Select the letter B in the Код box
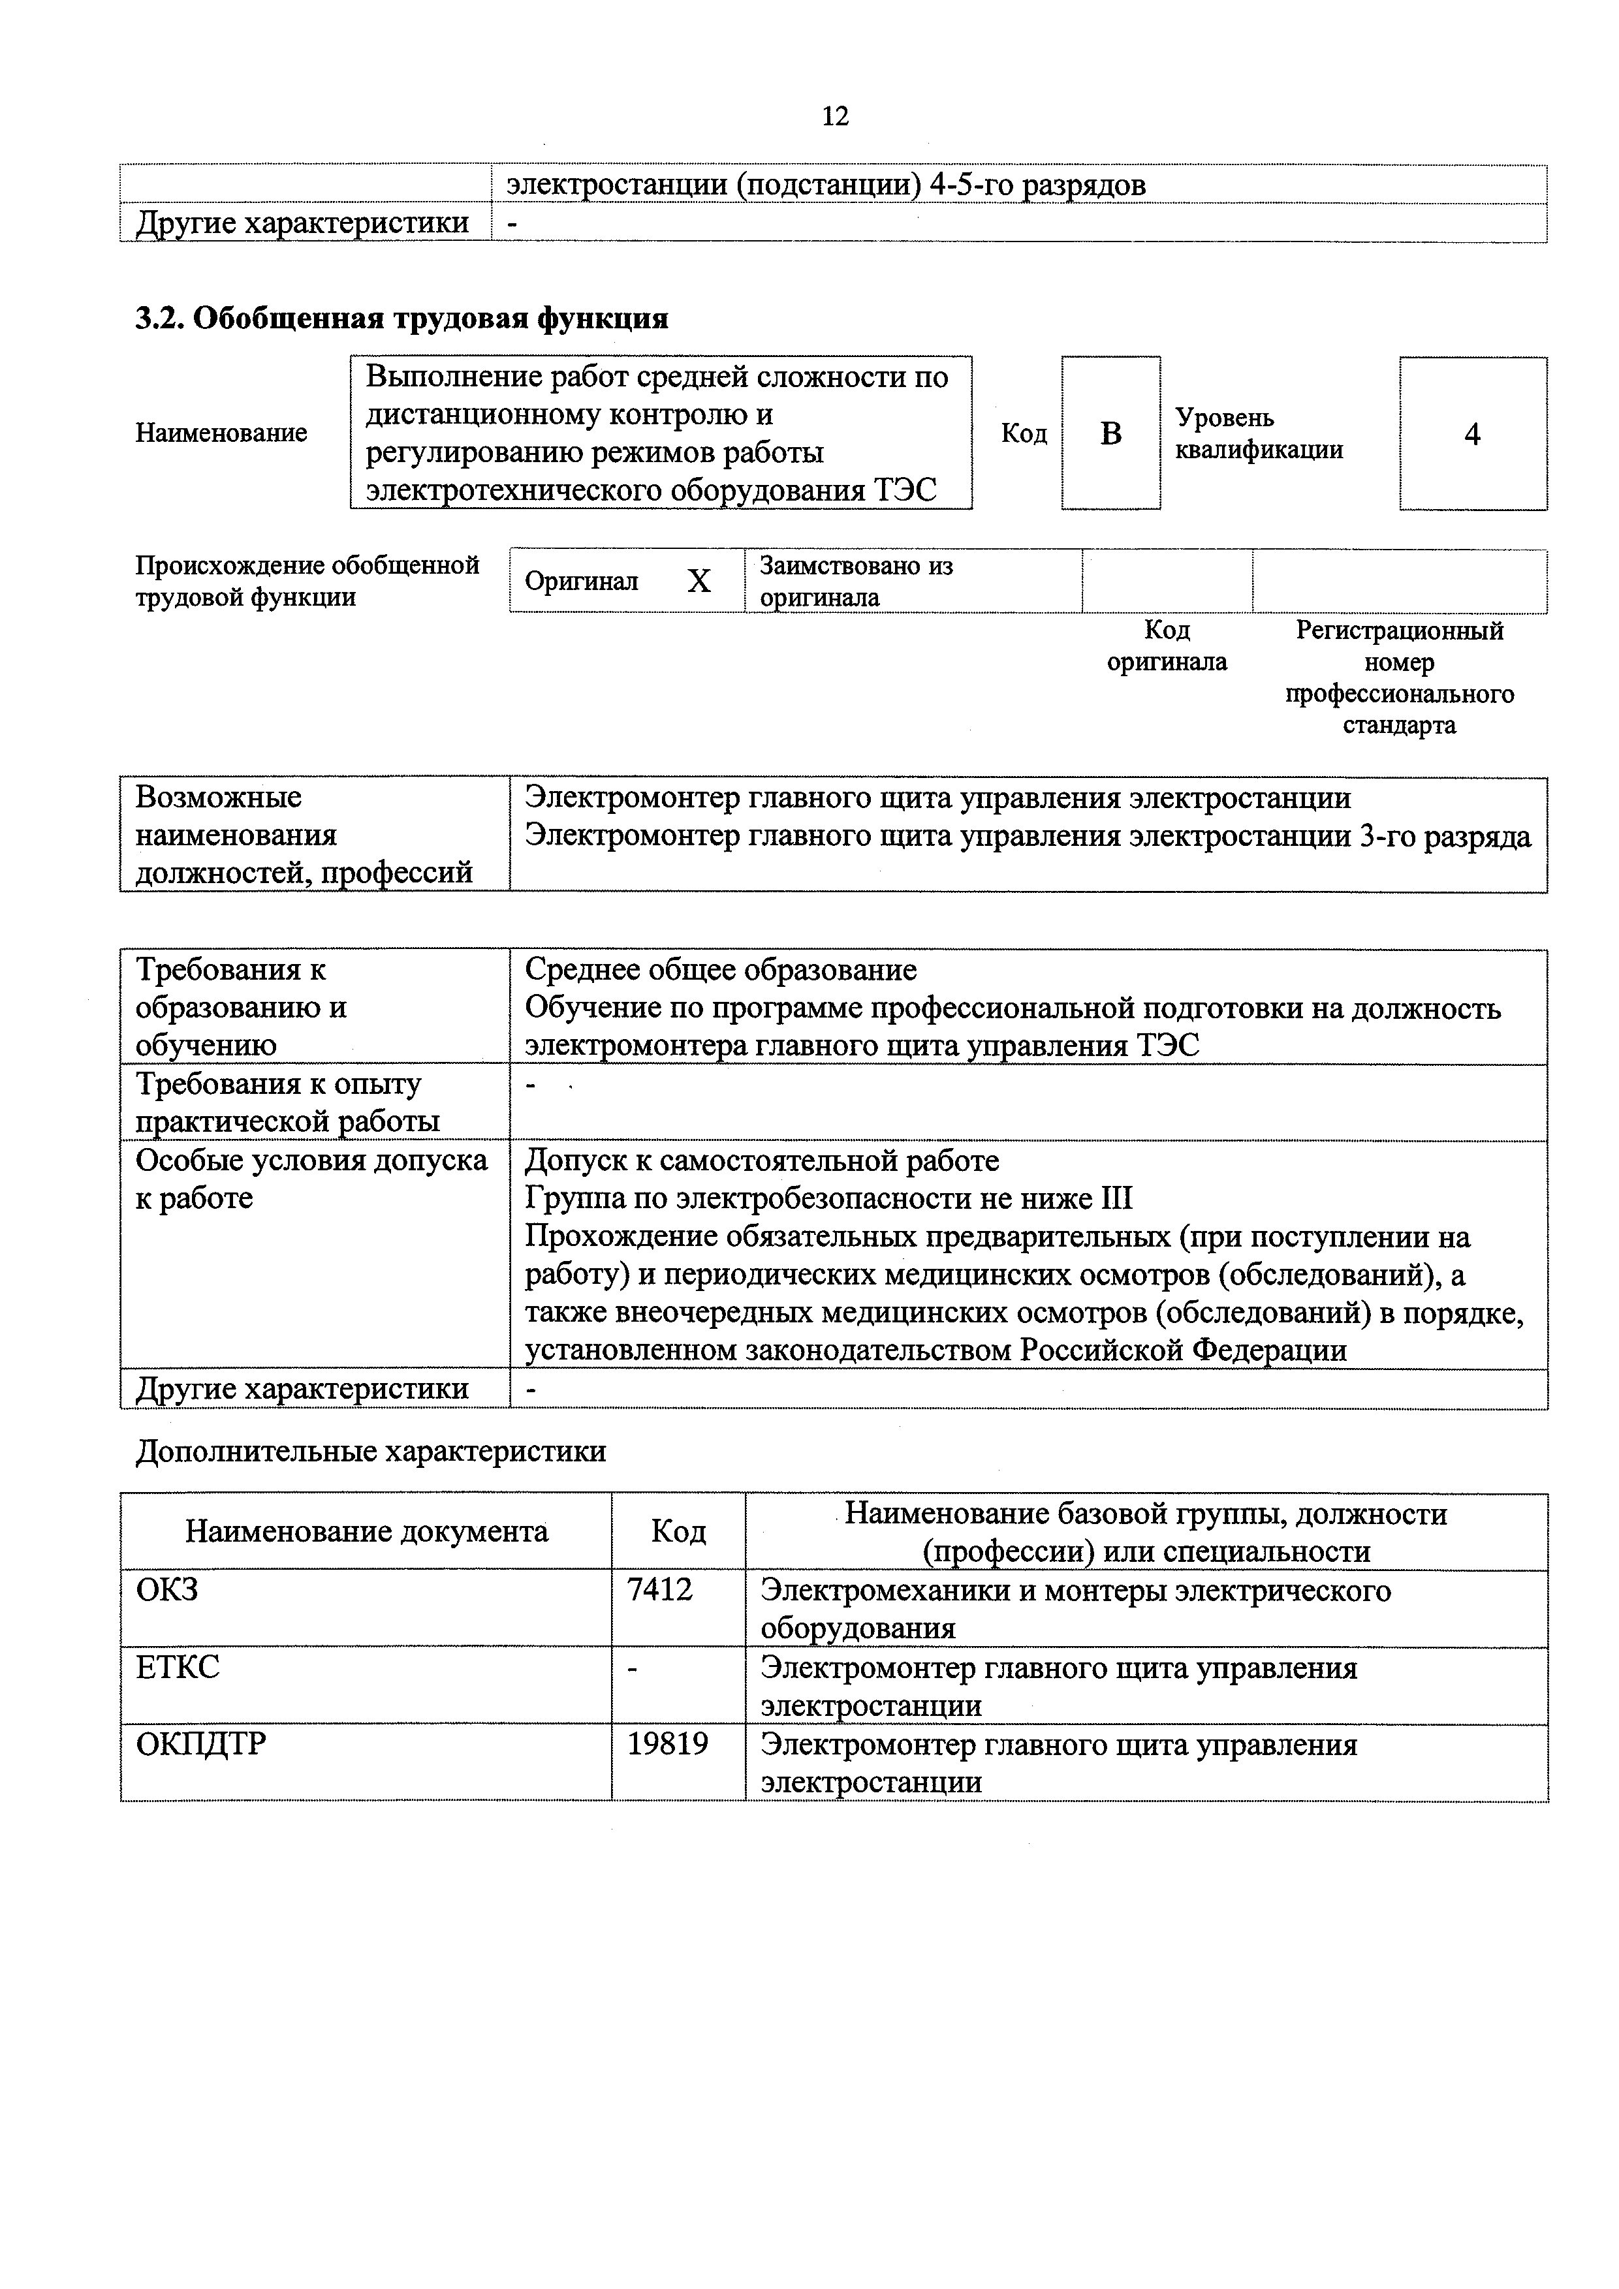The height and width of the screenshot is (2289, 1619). (1110, 433)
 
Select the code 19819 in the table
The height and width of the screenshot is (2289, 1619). (667, 1743)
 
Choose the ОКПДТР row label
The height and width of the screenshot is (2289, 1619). (200, 1743)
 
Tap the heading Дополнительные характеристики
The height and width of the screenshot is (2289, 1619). (370, 1450)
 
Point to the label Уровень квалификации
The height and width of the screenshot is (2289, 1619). (1258, 433)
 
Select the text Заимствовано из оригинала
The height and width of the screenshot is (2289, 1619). (855, 581)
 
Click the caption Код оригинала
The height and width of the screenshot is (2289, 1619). (1167, 646)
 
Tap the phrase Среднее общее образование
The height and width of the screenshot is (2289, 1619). (720, 969)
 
